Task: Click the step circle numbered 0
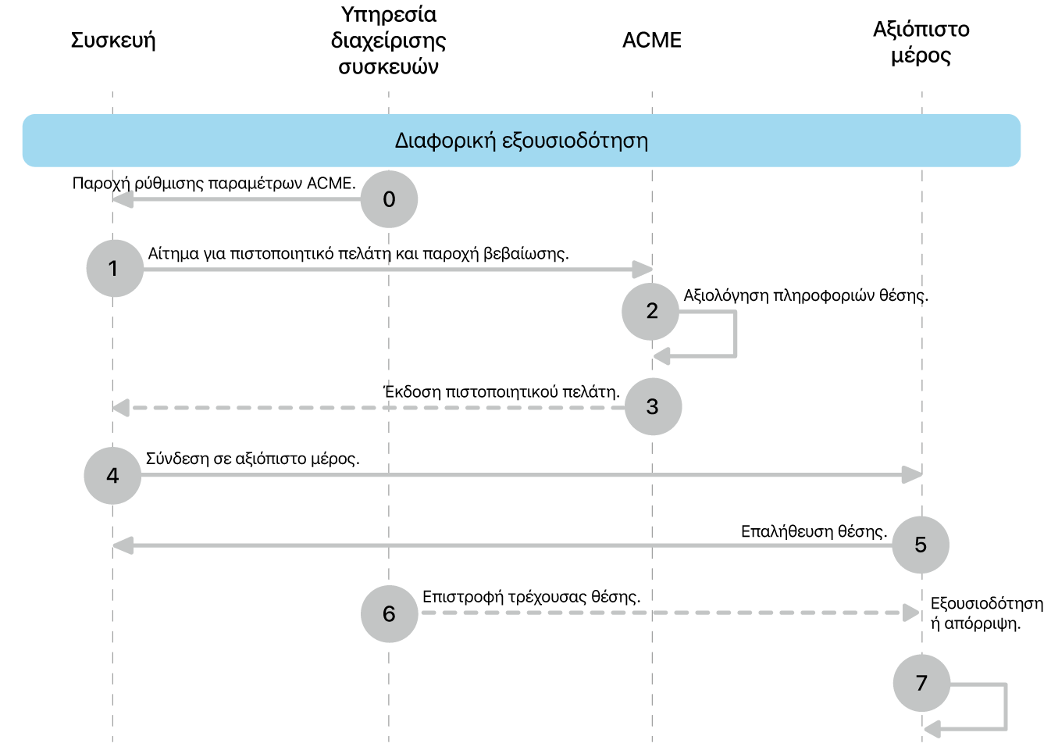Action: pos(389,199)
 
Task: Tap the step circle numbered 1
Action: pos(115,268)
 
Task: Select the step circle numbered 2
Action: pos(650,311)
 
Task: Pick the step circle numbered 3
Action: pos(653,406)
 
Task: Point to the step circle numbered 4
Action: pos(112,476)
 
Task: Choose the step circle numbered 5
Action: pos(921,545)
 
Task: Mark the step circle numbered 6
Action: pos(390,613)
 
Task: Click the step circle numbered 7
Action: pos(922,683)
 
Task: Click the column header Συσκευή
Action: pos(113,41)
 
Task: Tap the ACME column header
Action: pos(652,40)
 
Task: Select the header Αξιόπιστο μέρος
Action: pos(921,42)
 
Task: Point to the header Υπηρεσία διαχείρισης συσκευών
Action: pos(389,41)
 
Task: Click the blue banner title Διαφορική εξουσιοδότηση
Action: pos(522,141)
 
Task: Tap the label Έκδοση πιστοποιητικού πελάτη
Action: pos(501,391)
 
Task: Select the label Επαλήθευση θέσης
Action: pos(814,531)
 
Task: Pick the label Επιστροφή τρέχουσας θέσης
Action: pos(532,597)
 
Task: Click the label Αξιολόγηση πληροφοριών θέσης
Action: pos(806,295)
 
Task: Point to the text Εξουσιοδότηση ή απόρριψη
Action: pos(987,613)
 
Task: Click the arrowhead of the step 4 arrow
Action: pos(913,474)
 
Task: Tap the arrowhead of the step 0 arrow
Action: pos(123,199)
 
